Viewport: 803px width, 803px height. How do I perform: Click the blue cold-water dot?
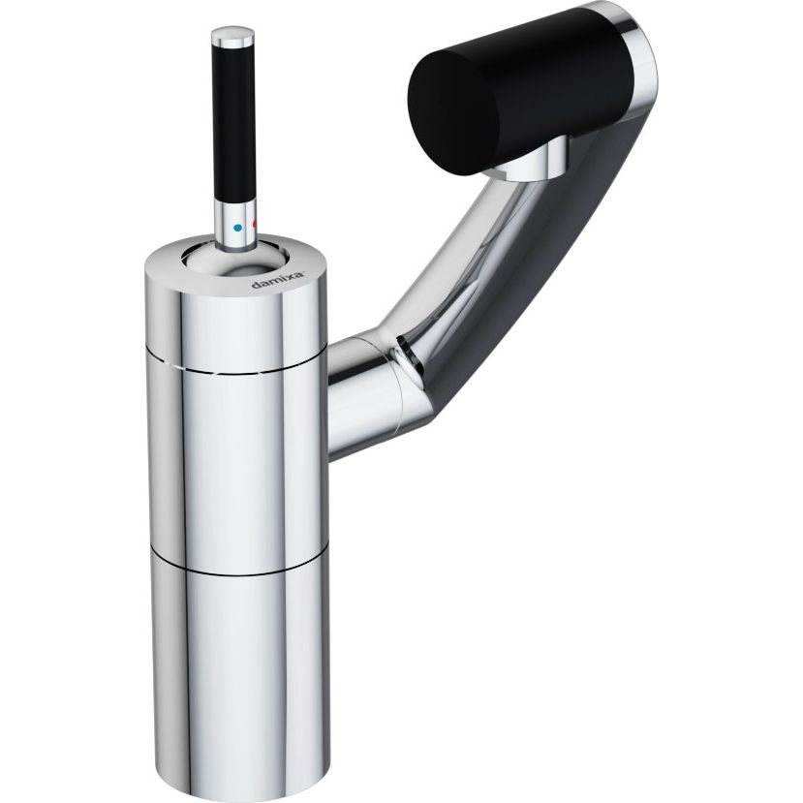click(x=237, y=228)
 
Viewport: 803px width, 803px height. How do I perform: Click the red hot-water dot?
click(x=255, y=225)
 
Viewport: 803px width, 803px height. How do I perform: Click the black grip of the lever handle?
click(x=233, y=123)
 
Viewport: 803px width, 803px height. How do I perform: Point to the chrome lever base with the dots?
click(x=235, y=225)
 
